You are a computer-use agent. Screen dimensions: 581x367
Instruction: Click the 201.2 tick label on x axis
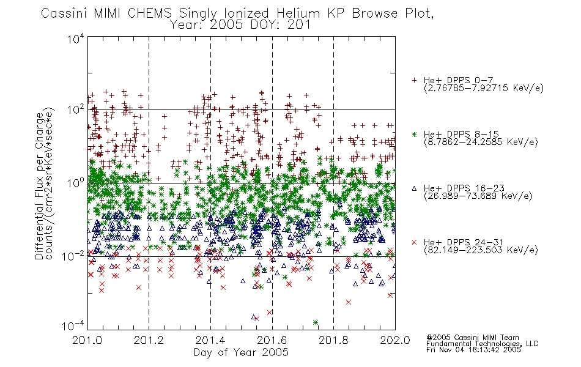pos(149,340)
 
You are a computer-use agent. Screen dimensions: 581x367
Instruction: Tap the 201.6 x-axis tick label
pos(272,340)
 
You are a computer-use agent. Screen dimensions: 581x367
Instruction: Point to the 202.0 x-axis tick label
pos(395,340)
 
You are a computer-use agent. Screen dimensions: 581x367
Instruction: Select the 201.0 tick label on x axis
pos(87,340)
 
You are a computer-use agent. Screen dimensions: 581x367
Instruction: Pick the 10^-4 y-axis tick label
pos(73,325)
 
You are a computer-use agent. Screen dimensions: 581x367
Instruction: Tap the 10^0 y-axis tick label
pos(76,182)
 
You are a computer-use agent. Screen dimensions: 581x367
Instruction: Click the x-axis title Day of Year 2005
pos(241,352)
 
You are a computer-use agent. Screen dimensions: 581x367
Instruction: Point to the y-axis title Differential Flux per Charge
pos(39,186)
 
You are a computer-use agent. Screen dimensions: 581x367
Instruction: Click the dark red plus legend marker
pos(414,80)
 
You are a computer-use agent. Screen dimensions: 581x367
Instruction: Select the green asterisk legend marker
pos(414,134)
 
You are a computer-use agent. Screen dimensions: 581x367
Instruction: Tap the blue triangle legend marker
pos(414,188)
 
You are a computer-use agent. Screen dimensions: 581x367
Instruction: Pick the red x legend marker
pos(414,242)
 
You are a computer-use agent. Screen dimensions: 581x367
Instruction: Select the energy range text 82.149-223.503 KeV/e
pos(481,250)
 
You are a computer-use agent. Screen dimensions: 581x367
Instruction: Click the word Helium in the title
pos(298,13)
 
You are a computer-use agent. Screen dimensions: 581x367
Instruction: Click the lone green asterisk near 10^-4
pos(316,322)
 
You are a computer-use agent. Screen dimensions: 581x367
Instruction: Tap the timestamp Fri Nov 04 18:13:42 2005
pos(473,350)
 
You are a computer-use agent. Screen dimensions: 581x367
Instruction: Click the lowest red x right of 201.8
pos(349,302)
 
